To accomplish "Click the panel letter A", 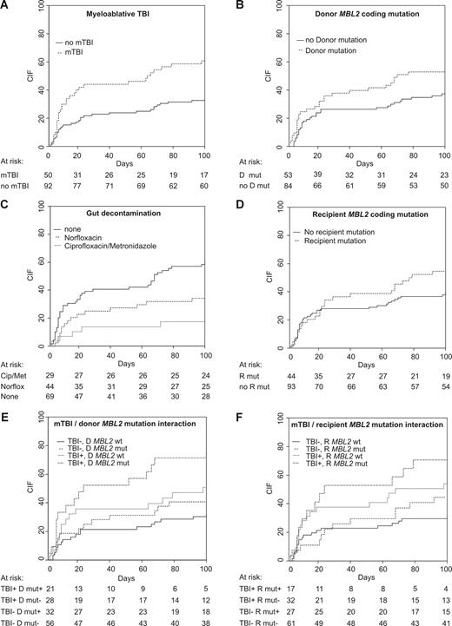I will pyautogui.click(x=6, y=6).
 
